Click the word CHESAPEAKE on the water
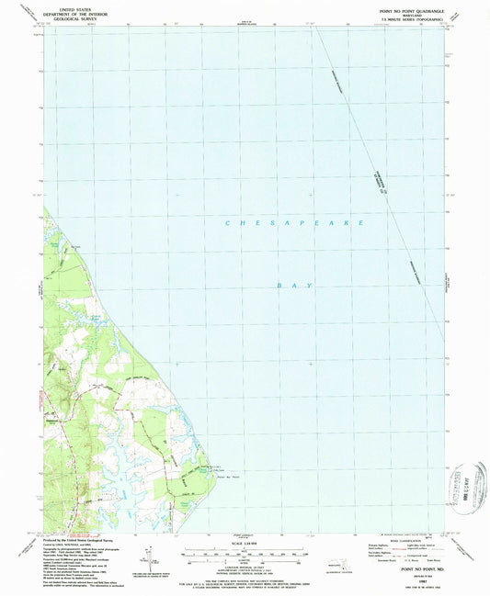tap(295, 223)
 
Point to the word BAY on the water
tap(295, 287)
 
